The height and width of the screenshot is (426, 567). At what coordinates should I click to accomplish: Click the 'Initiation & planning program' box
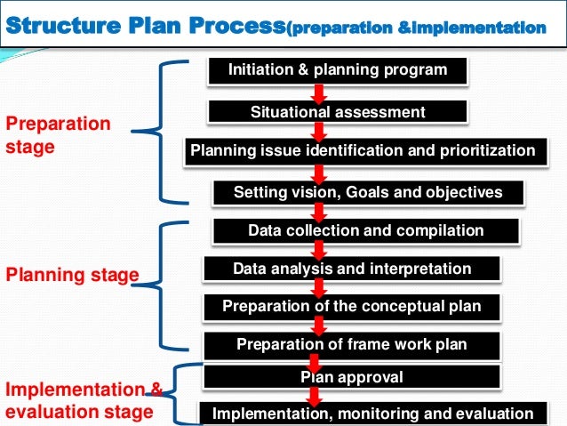(338, 70)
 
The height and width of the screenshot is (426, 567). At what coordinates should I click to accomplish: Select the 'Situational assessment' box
(338, 112)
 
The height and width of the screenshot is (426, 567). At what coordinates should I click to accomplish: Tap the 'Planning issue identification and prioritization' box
(363, 150)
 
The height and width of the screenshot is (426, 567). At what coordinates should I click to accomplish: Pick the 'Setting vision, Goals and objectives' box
(367, 192)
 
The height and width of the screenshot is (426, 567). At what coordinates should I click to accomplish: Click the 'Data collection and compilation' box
(365, 230)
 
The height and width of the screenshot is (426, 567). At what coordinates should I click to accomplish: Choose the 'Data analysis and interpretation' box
(351, 269)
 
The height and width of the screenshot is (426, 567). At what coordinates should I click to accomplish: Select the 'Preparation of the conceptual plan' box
(351, 307)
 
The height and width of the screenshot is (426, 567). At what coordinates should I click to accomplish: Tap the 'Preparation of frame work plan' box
(351, 344)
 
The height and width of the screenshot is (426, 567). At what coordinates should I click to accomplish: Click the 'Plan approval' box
(351, 377)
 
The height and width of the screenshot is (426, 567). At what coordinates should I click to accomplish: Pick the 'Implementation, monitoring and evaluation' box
(372, 414)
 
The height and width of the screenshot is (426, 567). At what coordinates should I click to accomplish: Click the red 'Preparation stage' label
(59, 135)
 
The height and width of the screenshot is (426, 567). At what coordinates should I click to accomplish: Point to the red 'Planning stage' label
(72, 275)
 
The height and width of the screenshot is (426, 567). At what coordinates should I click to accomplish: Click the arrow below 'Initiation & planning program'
(320, 92)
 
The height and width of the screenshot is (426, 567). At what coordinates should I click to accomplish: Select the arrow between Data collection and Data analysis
(317, 249)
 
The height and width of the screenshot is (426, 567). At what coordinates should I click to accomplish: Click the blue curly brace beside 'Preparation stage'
(164, 133)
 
